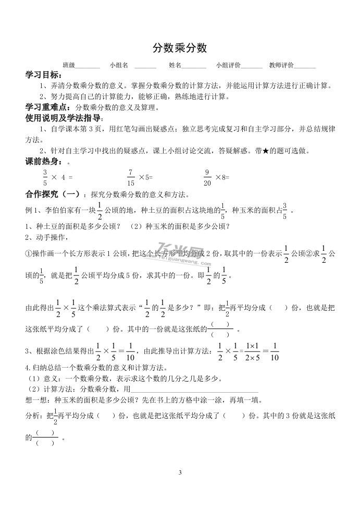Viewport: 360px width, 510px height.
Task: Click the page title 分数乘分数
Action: coord(180,48)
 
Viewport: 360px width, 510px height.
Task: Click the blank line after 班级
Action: coord(88,67)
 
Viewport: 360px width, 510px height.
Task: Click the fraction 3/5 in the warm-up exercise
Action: coord(45,177)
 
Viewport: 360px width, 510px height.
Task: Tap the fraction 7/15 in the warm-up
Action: coord(130,177)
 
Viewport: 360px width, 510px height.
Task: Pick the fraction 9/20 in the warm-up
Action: coord(207,177)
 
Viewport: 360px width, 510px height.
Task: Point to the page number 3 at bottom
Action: coord(180,473)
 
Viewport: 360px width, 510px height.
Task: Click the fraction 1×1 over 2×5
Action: coord(252,350)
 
